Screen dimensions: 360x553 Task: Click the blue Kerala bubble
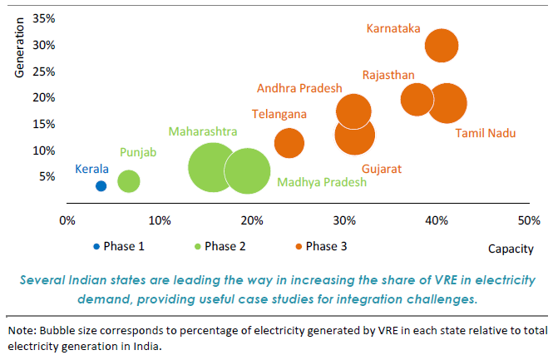101,186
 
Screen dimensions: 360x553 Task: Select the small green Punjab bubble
128,180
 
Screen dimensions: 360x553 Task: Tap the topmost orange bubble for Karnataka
441,45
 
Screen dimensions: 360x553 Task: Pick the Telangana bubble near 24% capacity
289,142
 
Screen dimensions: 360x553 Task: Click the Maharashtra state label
203,131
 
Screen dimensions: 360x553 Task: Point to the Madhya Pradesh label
322,183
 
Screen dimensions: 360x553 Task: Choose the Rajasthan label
388,75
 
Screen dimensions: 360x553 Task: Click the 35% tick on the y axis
45,18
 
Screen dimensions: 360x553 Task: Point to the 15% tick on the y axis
45,124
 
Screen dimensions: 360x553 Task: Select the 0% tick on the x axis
67,220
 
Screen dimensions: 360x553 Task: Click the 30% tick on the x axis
344,220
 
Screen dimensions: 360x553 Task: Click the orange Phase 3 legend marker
298,246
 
